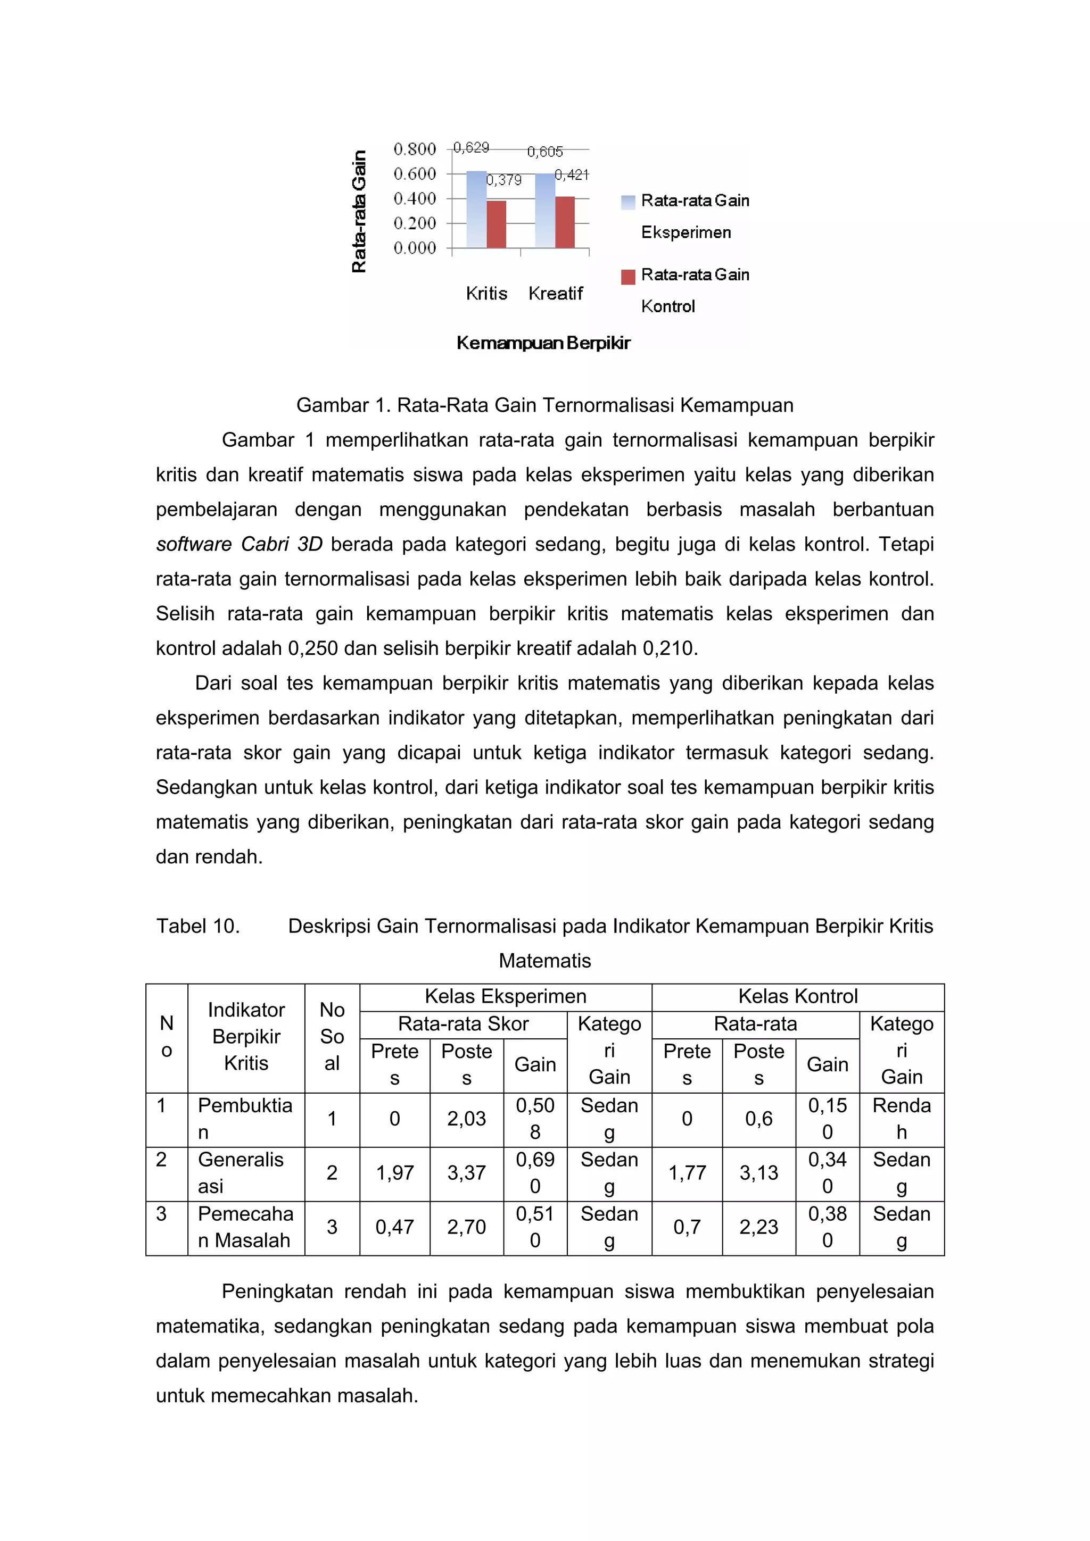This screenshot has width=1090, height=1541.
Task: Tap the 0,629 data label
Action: coord(471,147)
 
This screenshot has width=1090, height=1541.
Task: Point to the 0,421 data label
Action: coord(572,175)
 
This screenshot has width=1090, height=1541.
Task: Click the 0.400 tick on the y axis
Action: coord(415,198)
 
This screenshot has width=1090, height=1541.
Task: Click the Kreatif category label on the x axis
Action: coord(556,293)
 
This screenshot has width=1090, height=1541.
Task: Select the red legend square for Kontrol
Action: coord(628,277)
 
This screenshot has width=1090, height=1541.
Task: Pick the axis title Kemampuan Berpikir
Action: coord(543,343)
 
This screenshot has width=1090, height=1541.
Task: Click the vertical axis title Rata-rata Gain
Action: coord(359,211)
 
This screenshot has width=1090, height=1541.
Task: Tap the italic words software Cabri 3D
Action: coord(239,544)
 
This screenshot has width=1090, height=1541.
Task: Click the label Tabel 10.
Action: coord(198,926)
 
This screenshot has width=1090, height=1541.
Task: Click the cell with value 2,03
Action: coord(466,1119)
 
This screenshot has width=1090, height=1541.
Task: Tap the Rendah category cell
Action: coord(901,1119)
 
